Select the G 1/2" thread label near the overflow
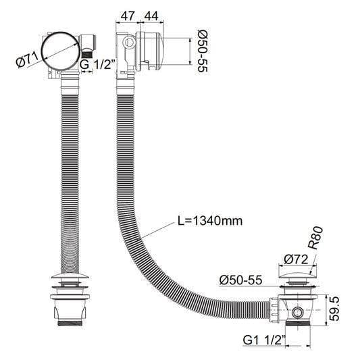click(97, 64)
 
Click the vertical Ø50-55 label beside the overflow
click(202, 49)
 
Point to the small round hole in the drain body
click(298, 313)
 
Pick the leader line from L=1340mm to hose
click(157, 230)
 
